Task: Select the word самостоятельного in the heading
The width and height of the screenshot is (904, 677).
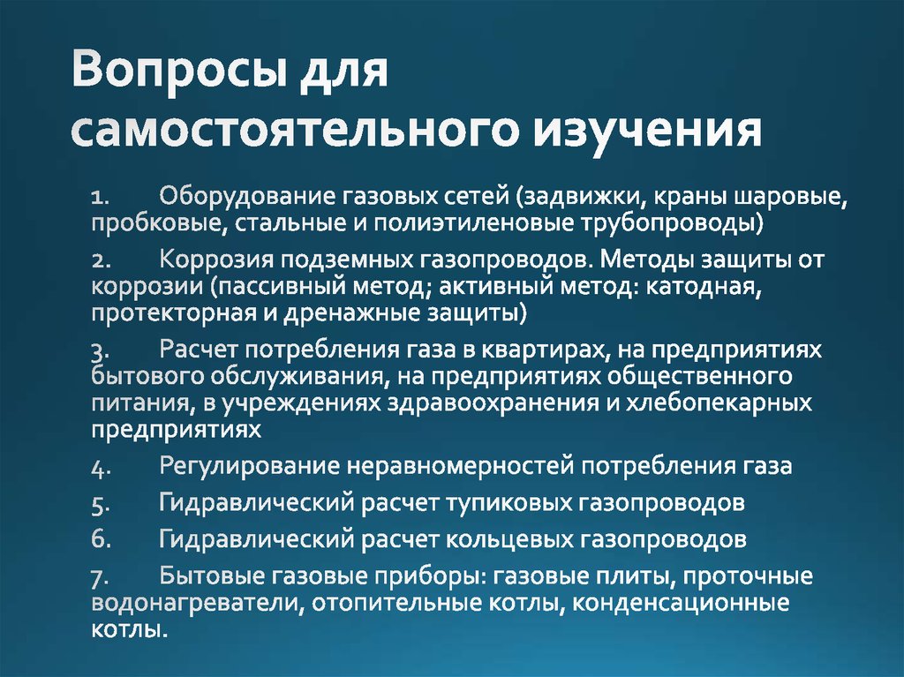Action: pyautogui.click(x=292, y=132)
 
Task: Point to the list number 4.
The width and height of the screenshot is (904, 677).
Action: pyautogui.click(x=99, y=466)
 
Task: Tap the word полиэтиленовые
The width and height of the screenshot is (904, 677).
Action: pyautogui.click(x=466, y=221)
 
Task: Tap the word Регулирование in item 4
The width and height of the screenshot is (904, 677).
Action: pyautogui.click(x=248, y=465)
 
